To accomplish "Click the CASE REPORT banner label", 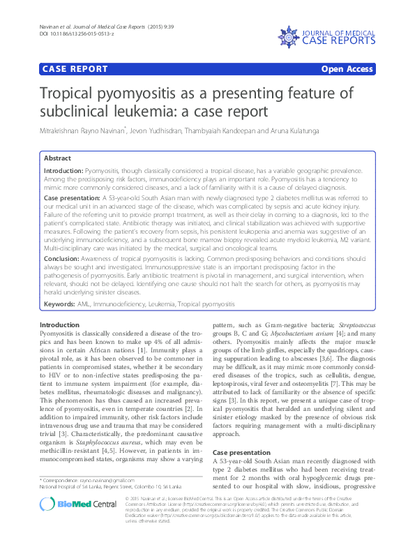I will click(75, 69).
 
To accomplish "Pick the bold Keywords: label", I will click(61, 305).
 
